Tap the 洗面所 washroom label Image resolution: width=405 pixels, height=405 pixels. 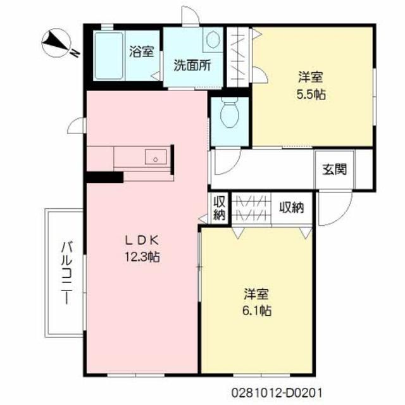[192, 65]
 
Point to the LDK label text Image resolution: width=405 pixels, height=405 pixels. [144, 240]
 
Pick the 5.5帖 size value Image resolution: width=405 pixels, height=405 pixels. [311, 96]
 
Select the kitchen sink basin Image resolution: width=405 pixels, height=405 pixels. [155, 156]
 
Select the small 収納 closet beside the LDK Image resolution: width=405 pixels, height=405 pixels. [219, 209]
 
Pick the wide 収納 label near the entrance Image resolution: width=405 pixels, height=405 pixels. [293, 206]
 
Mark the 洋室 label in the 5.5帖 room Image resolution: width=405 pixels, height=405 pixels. [311, 78]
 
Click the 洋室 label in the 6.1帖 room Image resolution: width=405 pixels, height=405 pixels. [256, 294]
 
